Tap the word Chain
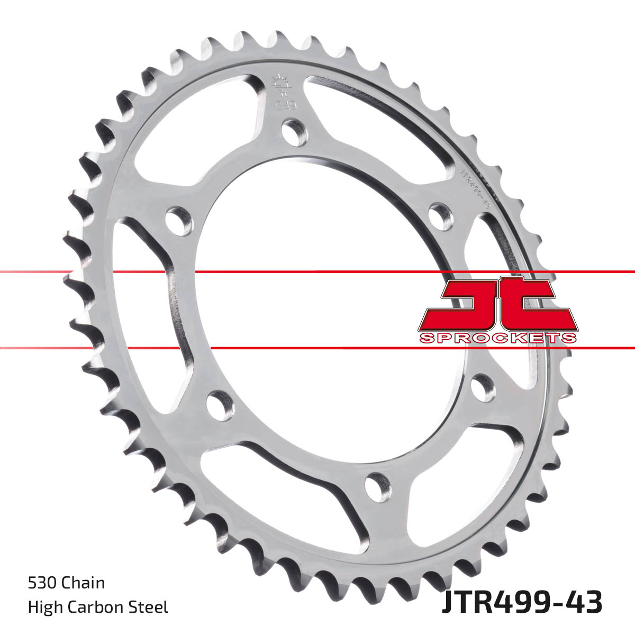click(83, 583)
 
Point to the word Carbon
click(96, 607)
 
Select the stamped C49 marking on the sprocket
click(286, 104)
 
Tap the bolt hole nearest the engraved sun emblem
click(294, 132)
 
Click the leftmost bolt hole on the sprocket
click(178, 220)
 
